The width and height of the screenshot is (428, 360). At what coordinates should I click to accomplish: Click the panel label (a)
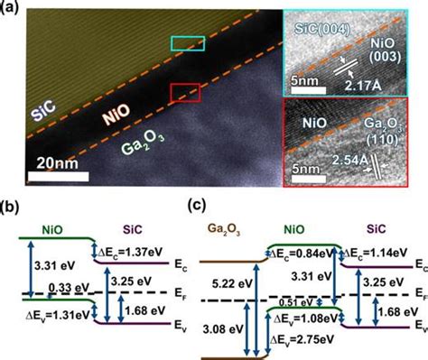(x=12, y=7)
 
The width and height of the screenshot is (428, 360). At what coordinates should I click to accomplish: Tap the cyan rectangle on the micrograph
(x=188, y=44)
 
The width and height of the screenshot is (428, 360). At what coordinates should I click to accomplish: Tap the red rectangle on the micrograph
(x=184, y=92)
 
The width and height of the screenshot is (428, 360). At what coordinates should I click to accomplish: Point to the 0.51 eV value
(x=291, y=302)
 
